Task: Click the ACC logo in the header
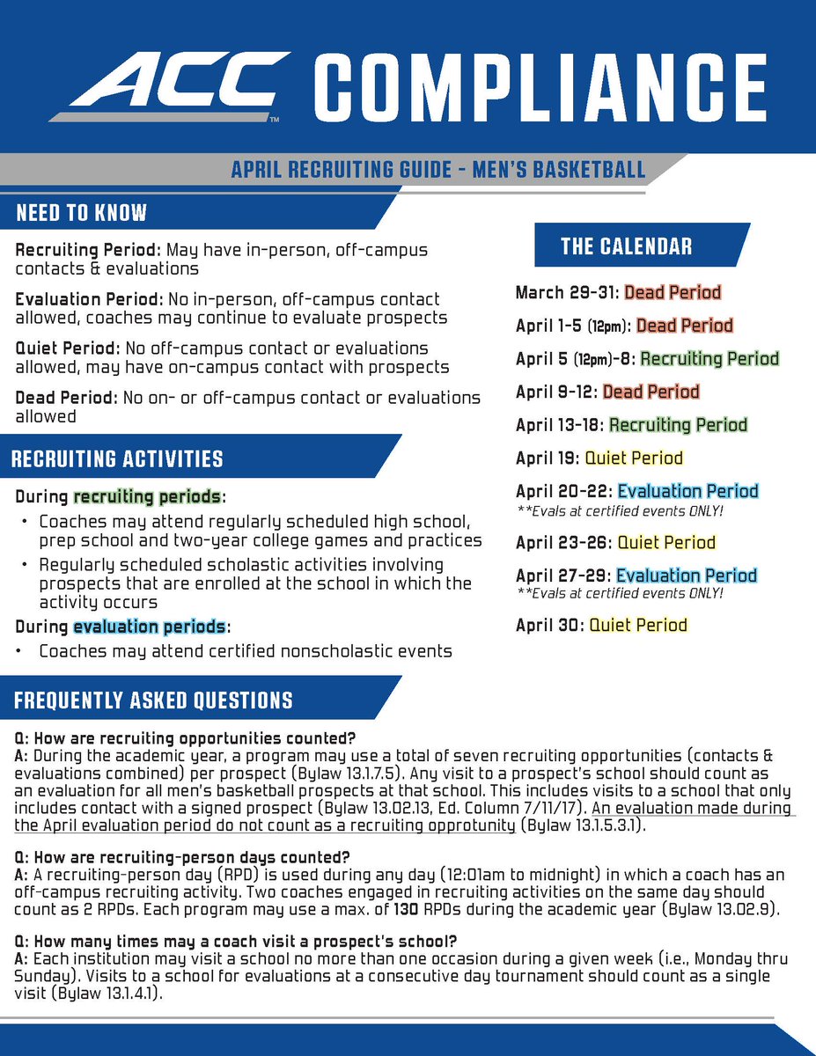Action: [167, 85]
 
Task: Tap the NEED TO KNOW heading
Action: [82, 213]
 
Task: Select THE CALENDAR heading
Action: [626, 246]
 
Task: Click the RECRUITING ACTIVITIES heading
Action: [118, 458]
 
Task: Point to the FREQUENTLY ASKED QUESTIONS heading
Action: [154, 700]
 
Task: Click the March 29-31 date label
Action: [566, 292]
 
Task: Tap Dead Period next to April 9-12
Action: [651, 392]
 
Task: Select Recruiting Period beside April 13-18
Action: [678, 425]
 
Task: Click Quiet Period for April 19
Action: [634, 458]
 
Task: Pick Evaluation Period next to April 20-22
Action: [687, 491]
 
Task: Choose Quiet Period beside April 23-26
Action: [666, 542]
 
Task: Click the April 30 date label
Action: [549, 626]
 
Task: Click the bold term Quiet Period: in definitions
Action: [67, 348]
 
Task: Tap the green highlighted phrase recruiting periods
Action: [149, 495]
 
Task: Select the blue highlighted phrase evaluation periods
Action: [150, 627]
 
